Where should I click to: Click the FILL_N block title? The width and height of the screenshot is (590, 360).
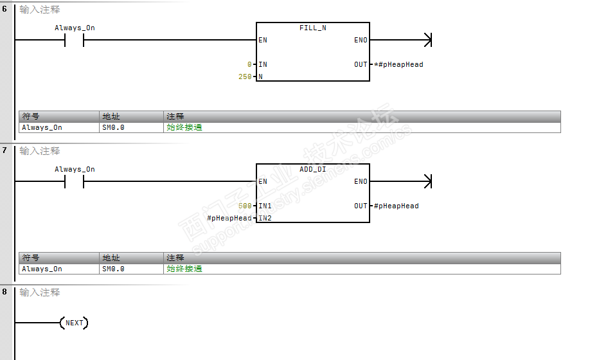coord(313,28)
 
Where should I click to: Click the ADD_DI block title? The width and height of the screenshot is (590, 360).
coord(313,170)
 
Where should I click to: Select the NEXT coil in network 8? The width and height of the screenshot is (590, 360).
coord(74,323)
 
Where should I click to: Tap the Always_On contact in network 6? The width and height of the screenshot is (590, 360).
coord(75,40)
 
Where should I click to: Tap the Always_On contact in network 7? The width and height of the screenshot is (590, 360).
coord(75,182)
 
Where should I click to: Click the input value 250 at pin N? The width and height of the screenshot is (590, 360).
coord(245,77)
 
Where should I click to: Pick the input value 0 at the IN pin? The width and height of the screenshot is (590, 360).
coord(249,65)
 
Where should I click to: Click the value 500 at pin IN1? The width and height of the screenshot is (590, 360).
coord(245,206)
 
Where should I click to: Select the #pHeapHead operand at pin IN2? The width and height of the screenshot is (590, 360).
coord(229,219)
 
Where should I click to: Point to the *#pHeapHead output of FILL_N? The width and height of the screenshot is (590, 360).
coord(398,65)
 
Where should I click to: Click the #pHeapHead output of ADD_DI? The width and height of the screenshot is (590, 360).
coord(396,206)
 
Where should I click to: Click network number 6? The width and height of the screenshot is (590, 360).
coord(4,9)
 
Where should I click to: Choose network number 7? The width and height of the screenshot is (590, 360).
coord(4,150)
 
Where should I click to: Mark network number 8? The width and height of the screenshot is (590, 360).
coord(4,292)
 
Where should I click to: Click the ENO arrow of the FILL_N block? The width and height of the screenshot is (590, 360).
coord(425,40)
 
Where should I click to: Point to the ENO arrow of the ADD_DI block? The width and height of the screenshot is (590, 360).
coord(425,182)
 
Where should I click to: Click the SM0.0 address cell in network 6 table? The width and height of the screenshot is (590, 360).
coord(113,127)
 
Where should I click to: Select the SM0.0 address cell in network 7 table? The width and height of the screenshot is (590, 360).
coord(113,269)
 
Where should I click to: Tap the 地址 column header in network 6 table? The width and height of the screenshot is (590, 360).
coord(111,116)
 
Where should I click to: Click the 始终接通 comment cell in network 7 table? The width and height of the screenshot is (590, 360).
coord(184,269)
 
